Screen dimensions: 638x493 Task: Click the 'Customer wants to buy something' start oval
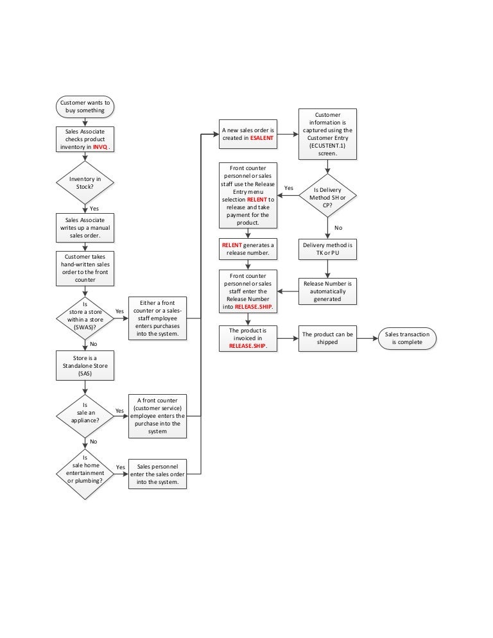(85, 106)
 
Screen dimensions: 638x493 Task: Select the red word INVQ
(99, 147)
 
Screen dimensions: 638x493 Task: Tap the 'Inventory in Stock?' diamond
(85, 183)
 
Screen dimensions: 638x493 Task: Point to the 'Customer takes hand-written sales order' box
(85, 268)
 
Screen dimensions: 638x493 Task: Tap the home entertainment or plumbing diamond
(85, 473)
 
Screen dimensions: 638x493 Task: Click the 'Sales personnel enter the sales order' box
(158, 474)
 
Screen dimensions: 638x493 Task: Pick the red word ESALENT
(262, 138)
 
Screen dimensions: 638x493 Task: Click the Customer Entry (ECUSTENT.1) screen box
(327, 134)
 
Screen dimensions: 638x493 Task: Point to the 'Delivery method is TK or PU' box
(327, 248)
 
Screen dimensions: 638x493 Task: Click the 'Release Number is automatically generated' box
(327, 291)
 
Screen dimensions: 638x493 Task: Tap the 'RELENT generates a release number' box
(248, 248)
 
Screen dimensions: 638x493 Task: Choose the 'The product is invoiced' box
(248, 338)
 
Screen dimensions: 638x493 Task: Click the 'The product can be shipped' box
(327, 338)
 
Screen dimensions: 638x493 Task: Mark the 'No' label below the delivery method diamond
(338, 227)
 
